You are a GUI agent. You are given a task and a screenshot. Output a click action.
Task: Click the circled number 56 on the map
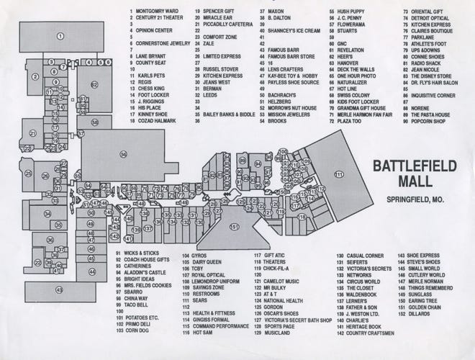pyautogui.click(x=123, y=154)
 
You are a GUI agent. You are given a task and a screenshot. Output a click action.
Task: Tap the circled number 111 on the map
pyautogui.click(x=338, y=174)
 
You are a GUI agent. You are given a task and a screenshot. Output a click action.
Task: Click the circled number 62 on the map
pyautogui.click(x=94, y=84)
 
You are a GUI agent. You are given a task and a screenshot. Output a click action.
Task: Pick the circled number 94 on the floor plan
pyautogui.click(x=258, y=163)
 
